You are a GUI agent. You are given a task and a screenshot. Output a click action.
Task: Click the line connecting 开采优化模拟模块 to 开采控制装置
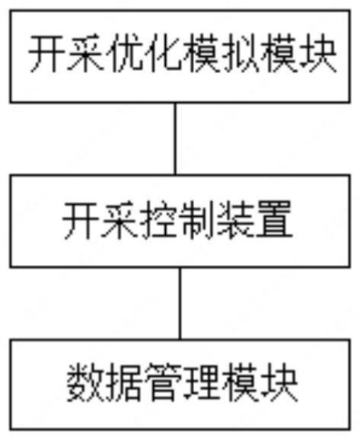pyautogui.click(x=175, y=139)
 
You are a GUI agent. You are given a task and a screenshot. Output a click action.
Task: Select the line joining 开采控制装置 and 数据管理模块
pyautogui.click(x=180, y=304)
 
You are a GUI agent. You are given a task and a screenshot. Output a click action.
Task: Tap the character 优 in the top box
pyautogui.click(x=124, y=53)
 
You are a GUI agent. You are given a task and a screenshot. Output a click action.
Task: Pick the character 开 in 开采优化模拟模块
pyautogui.click(x=47, y=53)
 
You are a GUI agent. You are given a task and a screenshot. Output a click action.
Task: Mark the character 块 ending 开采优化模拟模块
pyautogui.click(x=317, y=53)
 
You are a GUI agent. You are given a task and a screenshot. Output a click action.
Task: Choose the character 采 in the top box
pyautogui.click(x=85, y=53)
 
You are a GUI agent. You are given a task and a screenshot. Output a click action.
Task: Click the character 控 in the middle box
pyautogui.click(x=158, y=220)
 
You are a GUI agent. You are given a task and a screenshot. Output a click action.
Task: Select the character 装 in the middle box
pyautogui.click(x=236, y=220)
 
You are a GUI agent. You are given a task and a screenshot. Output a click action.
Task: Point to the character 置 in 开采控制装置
pyautogui.click(x=275, y=220)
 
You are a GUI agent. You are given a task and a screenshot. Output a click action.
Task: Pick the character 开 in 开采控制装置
pyautogui.click(x=81, y=220)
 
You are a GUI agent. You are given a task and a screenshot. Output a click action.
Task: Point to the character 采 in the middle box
pyautogui.click(x=119, y=220)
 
